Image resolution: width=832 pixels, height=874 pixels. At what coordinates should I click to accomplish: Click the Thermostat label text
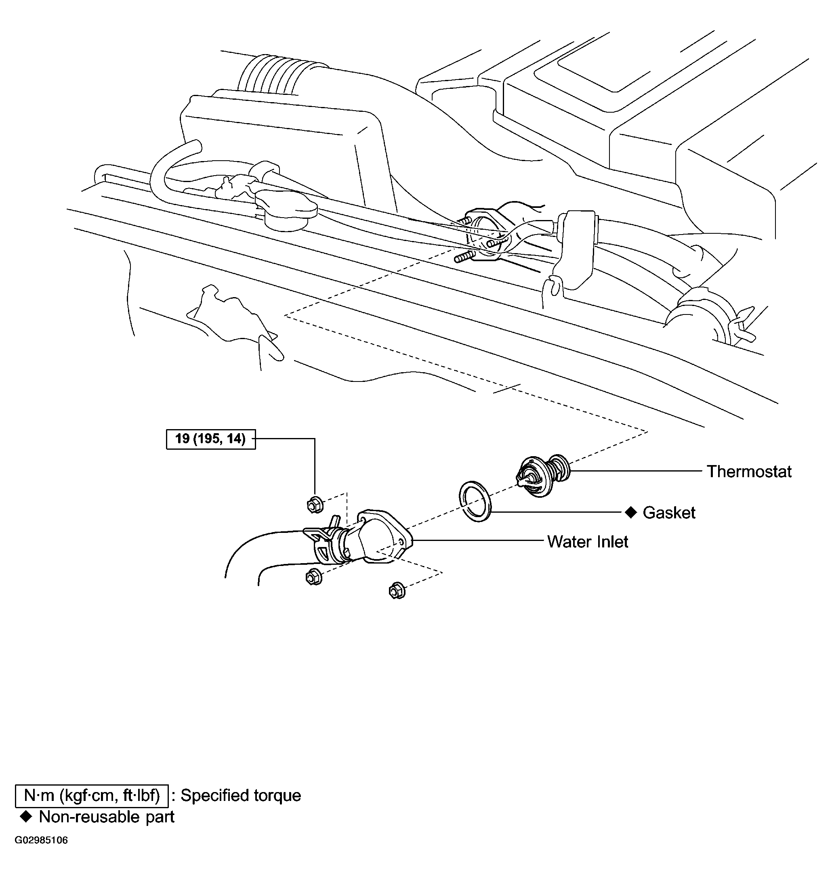(749, 471)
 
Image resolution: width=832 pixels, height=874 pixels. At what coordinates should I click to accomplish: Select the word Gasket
(669, 512)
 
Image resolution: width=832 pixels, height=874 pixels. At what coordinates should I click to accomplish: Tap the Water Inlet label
(588, 542)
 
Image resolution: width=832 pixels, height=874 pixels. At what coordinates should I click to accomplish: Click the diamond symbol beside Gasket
(630, 512)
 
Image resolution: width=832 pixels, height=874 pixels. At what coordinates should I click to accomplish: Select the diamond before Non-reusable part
(26, 816)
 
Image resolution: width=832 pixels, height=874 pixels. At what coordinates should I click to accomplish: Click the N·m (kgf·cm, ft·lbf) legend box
(92, 796)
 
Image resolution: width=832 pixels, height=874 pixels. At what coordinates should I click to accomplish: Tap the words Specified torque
(241, 796)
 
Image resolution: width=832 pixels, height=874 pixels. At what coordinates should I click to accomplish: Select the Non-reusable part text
(107, 816)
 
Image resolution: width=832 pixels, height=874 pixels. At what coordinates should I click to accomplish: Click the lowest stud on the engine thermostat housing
(463, 257)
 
